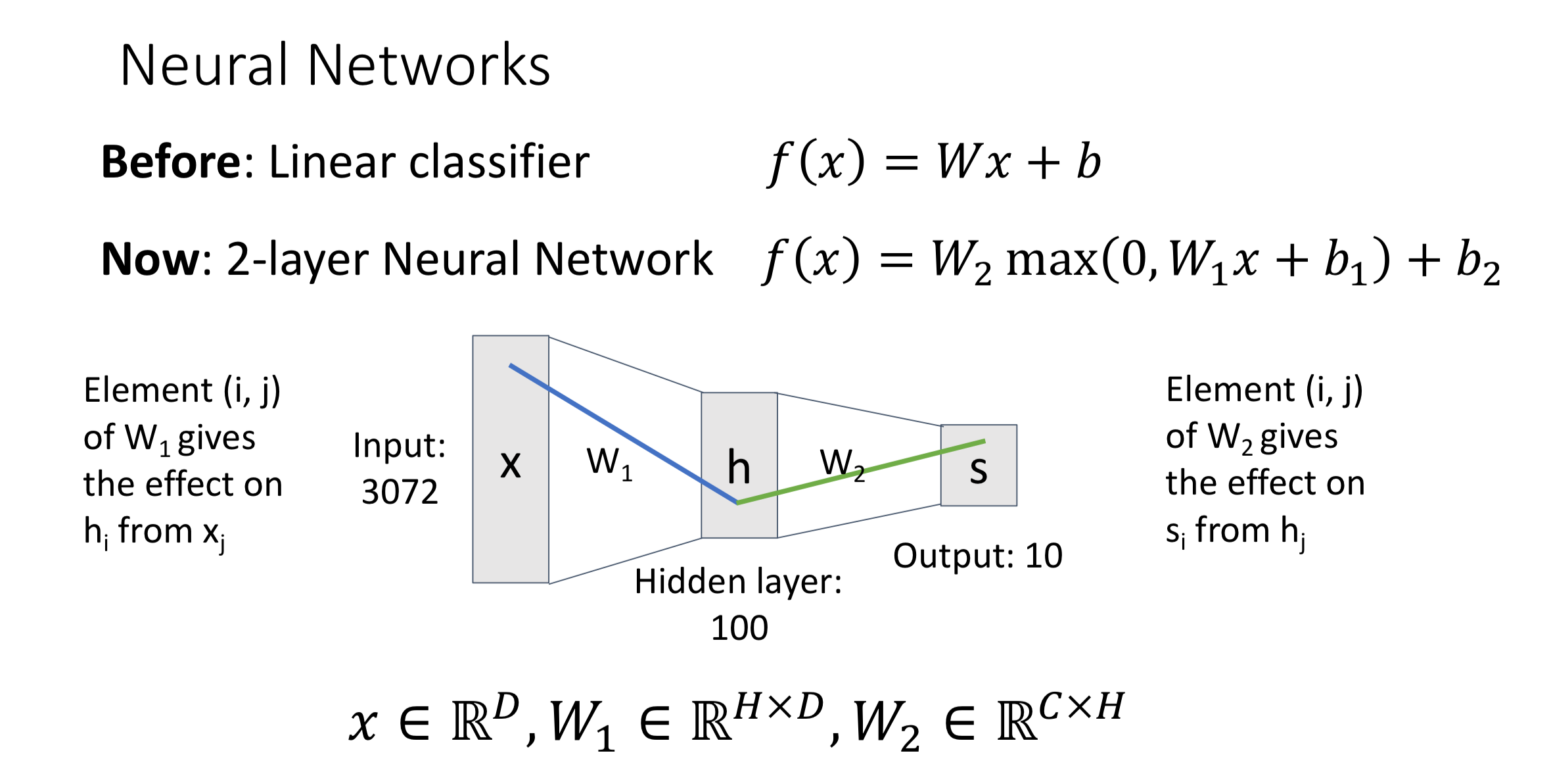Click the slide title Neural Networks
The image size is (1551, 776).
335,65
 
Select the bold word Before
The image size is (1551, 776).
172,162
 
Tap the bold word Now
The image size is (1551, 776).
149,259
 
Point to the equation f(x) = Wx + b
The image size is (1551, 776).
934,162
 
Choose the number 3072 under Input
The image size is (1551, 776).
400,492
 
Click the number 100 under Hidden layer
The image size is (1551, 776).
739,628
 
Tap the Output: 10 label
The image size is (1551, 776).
977,556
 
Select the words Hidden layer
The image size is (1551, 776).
737,582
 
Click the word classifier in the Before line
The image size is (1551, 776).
499,162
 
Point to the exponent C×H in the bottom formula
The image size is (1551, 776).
1081,708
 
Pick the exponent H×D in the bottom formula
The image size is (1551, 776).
779,708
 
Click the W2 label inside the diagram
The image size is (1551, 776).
841,464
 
